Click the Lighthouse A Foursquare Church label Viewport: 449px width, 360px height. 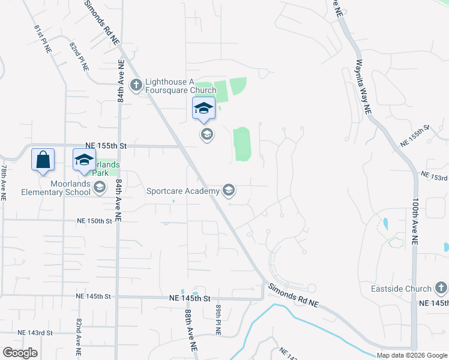(180, 86)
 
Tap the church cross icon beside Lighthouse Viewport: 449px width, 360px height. (136, 85)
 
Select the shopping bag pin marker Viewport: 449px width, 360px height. (43, 160)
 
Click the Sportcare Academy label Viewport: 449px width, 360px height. (183, 191)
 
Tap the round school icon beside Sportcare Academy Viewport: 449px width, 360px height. (228, 191)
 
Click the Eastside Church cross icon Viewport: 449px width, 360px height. (441, 288)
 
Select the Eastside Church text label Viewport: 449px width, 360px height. (409, 289)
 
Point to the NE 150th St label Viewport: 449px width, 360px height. (94, 221)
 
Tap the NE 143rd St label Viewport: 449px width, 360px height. (35, 332)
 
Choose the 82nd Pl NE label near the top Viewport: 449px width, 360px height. (79, 56)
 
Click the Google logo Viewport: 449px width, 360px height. (20, 353)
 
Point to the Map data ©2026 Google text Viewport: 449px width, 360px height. (412, 355)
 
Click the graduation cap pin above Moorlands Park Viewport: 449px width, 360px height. (84, 160)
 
